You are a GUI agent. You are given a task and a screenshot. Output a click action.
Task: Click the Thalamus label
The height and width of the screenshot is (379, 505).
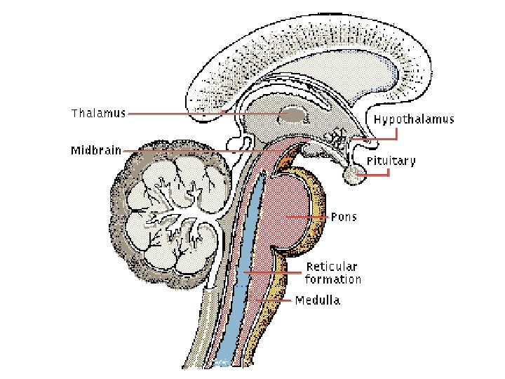click(98, 113)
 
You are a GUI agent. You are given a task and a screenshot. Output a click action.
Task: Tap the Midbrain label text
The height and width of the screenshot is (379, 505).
click(96, 149)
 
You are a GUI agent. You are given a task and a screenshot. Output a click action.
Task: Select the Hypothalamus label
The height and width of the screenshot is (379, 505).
click(414, 119)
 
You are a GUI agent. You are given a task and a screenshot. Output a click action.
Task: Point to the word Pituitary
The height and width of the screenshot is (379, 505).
click(391, 161)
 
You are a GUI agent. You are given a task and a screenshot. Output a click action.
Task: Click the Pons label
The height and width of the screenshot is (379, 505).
click(344, 217)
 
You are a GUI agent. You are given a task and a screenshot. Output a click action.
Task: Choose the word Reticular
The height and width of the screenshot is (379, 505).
click(332, 267)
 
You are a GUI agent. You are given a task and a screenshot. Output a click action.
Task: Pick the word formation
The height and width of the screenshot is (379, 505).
click(333, 279)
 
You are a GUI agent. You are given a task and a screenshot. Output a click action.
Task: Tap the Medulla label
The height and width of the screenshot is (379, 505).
click(318, 300)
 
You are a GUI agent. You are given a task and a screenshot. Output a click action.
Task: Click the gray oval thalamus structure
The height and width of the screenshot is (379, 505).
click(292, 114)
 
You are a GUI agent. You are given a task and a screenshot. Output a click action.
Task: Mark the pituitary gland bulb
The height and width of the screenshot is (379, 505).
click(356, 177)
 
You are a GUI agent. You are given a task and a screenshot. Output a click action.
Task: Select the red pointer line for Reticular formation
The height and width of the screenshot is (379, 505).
click(274, 272)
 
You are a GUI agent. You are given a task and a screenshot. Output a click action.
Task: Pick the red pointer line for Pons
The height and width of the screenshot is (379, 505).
click(309, 218)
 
